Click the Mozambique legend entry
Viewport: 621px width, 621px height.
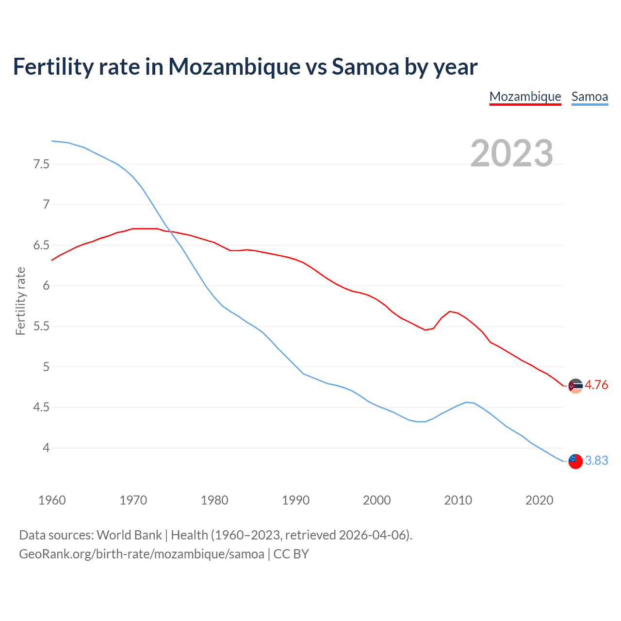coord(525,97)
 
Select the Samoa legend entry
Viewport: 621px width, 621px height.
coord(589,97)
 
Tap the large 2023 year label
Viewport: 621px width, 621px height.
coord(512,153)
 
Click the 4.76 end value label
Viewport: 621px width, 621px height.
coord(596,385)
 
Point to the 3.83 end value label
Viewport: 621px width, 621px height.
coord(596,460)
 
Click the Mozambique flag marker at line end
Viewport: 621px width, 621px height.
coord(575,386)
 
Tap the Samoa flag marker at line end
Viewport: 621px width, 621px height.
coord(575,461)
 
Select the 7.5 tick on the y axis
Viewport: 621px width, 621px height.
coord(41,164)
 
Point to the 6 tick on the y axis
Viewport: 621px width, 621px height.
coord(46,286)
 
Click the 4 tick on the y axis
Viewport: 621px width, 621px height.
coord(46,448)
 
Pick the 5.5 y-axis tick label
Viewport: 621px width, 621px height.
coord(41,326)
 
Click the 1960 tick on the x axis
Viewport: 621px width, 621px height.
coord(52,500)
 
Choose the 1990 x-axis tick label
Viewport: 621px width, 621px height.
coord(295,500)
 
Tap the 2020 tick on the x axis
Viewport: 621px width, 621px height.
coord(539,500)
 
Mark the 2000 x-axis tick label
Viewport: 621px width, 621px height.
coord(376,500)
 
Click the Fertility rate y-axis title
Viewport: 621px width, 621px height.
coord(20,301)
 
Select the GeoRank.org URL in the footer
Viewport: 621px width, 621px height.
coord(142,554)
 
